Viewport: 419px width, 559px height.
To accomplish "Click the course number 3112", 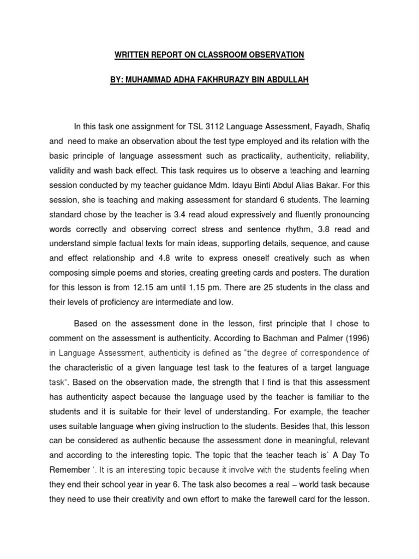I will [214, 127].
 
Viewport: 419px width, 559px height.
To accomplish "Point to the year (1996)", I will [355, 338].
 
